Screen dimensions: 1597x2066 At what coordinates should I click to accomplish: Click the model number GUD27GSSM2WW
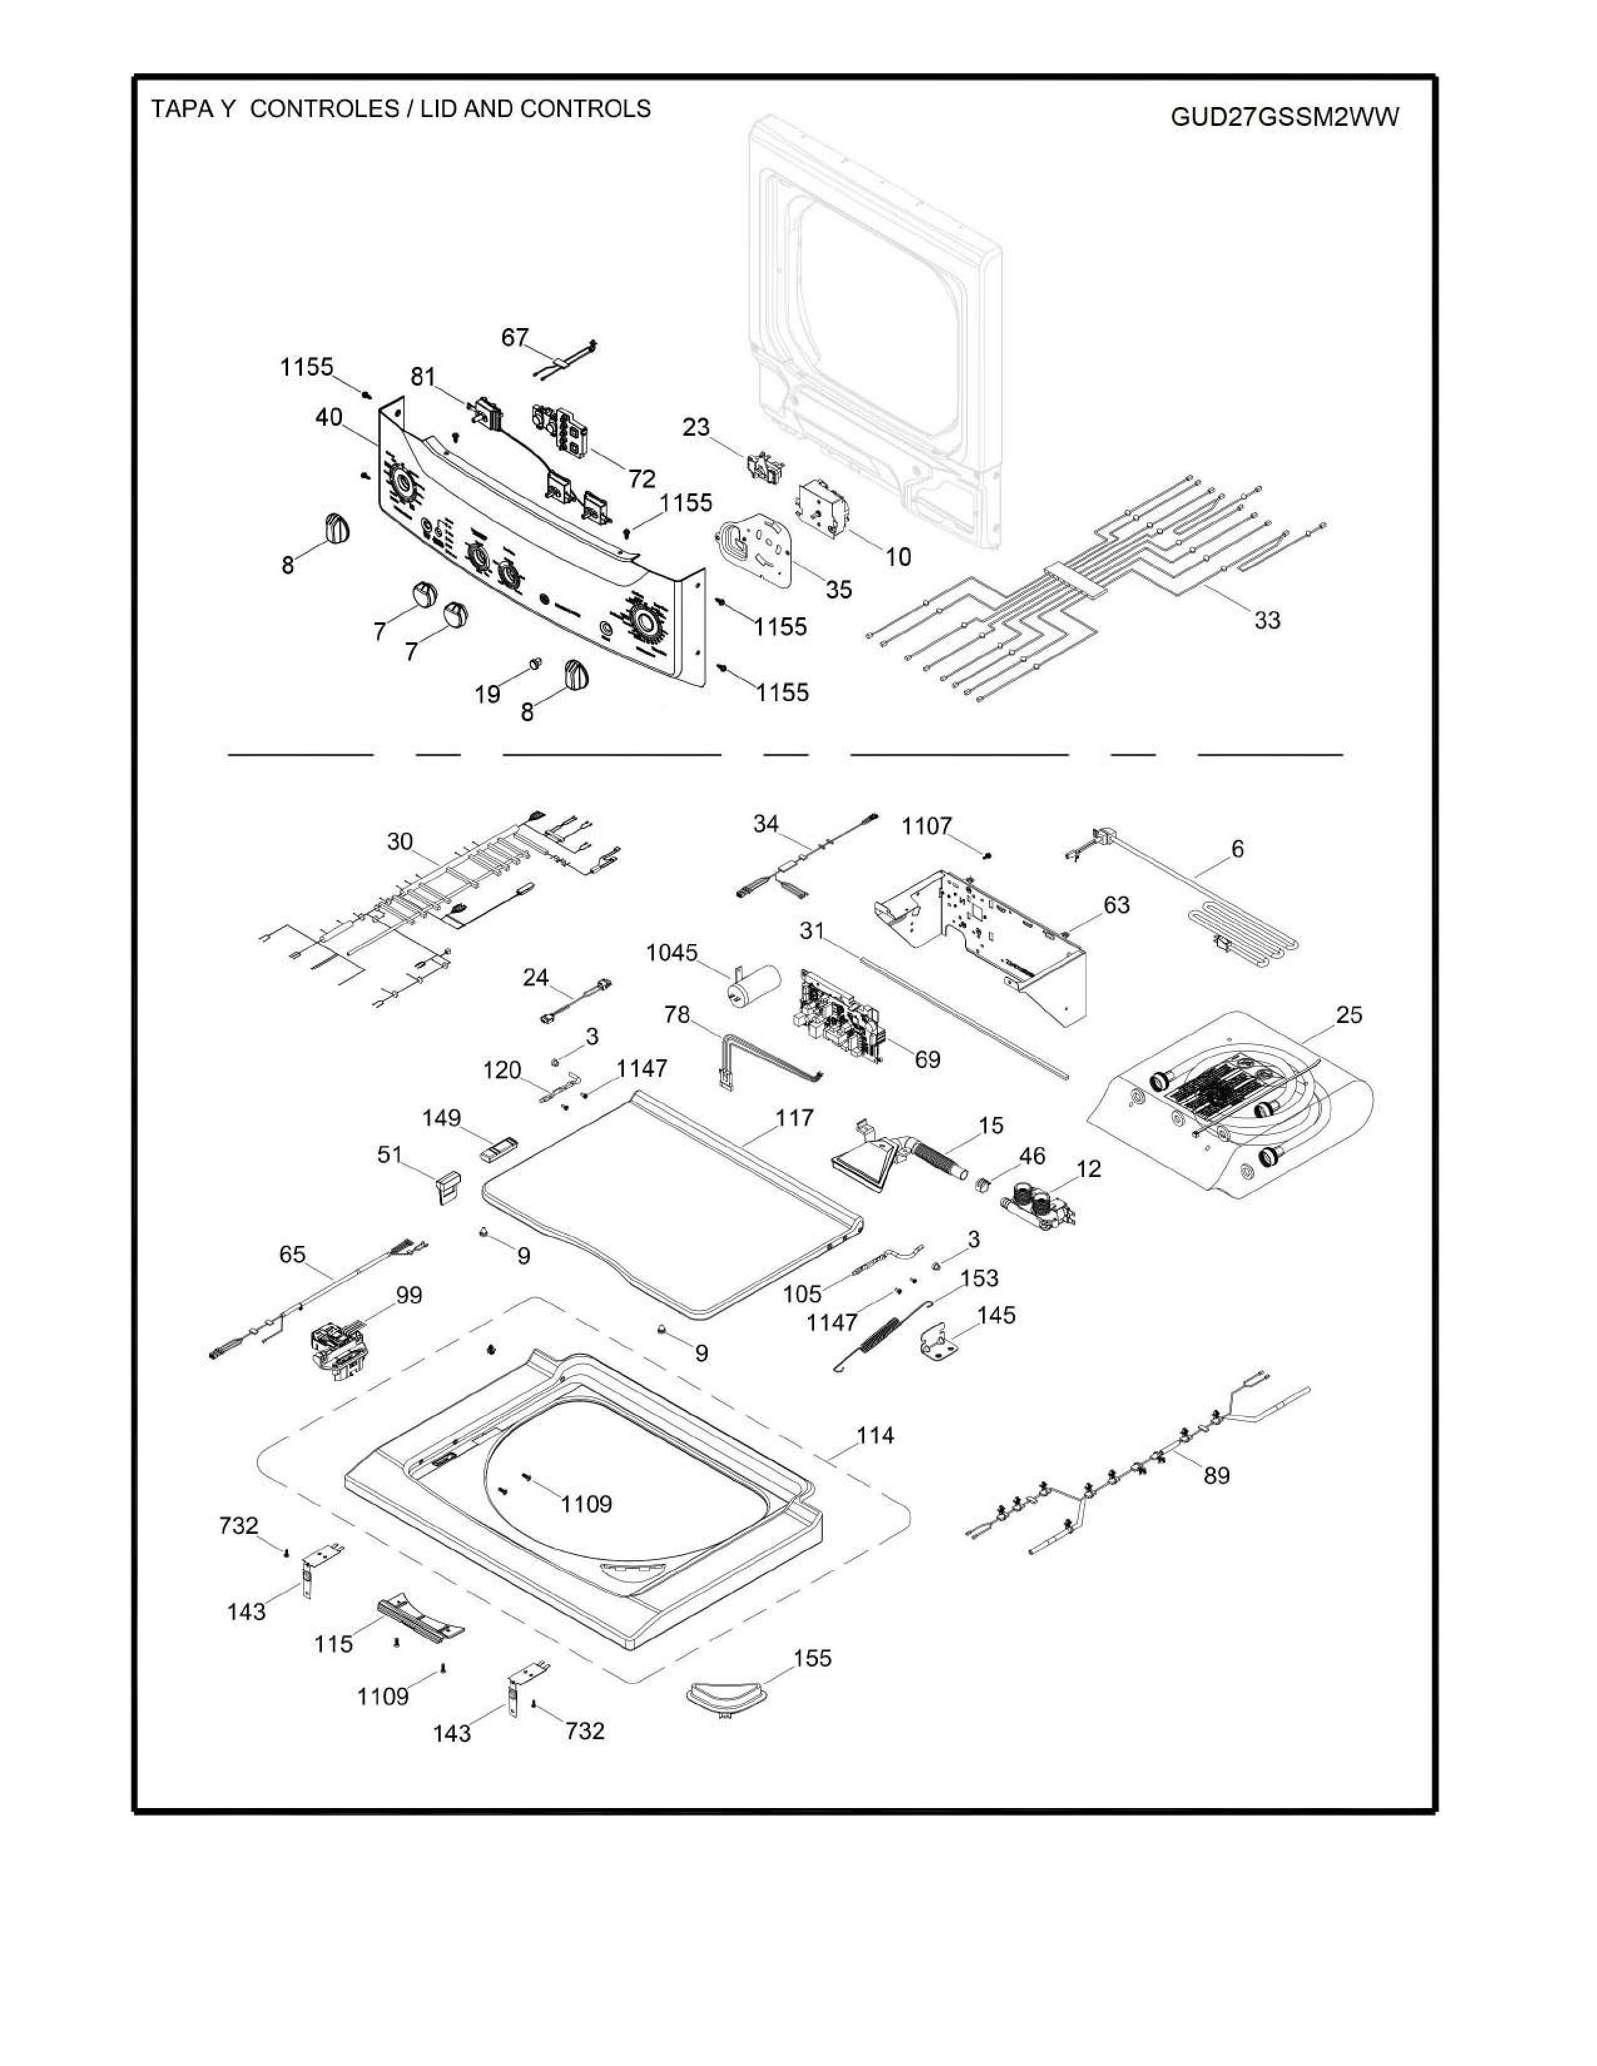[x=1284, y=117]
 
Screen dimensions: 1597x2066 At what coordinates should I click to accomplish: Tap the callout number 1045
[x=672, y=953]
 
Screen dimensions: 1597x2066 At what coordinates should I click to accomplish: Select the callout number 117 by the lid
[x=795, y=1118]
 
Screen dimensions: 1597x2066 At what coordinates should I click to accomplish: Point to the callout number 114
[x=875, y=1436]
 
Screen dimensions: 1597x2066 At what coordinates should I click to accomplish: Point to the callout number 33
[x=1267, y=620]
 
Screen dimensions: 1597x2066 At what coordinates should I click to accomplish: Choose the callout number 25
[x=1349, y=1015]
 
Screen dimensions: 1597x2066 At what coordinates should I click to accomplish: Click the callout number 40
[x=329, y=417]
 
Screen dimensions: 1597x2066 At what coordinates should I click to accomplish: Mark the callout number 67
[x=515, y=337]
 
